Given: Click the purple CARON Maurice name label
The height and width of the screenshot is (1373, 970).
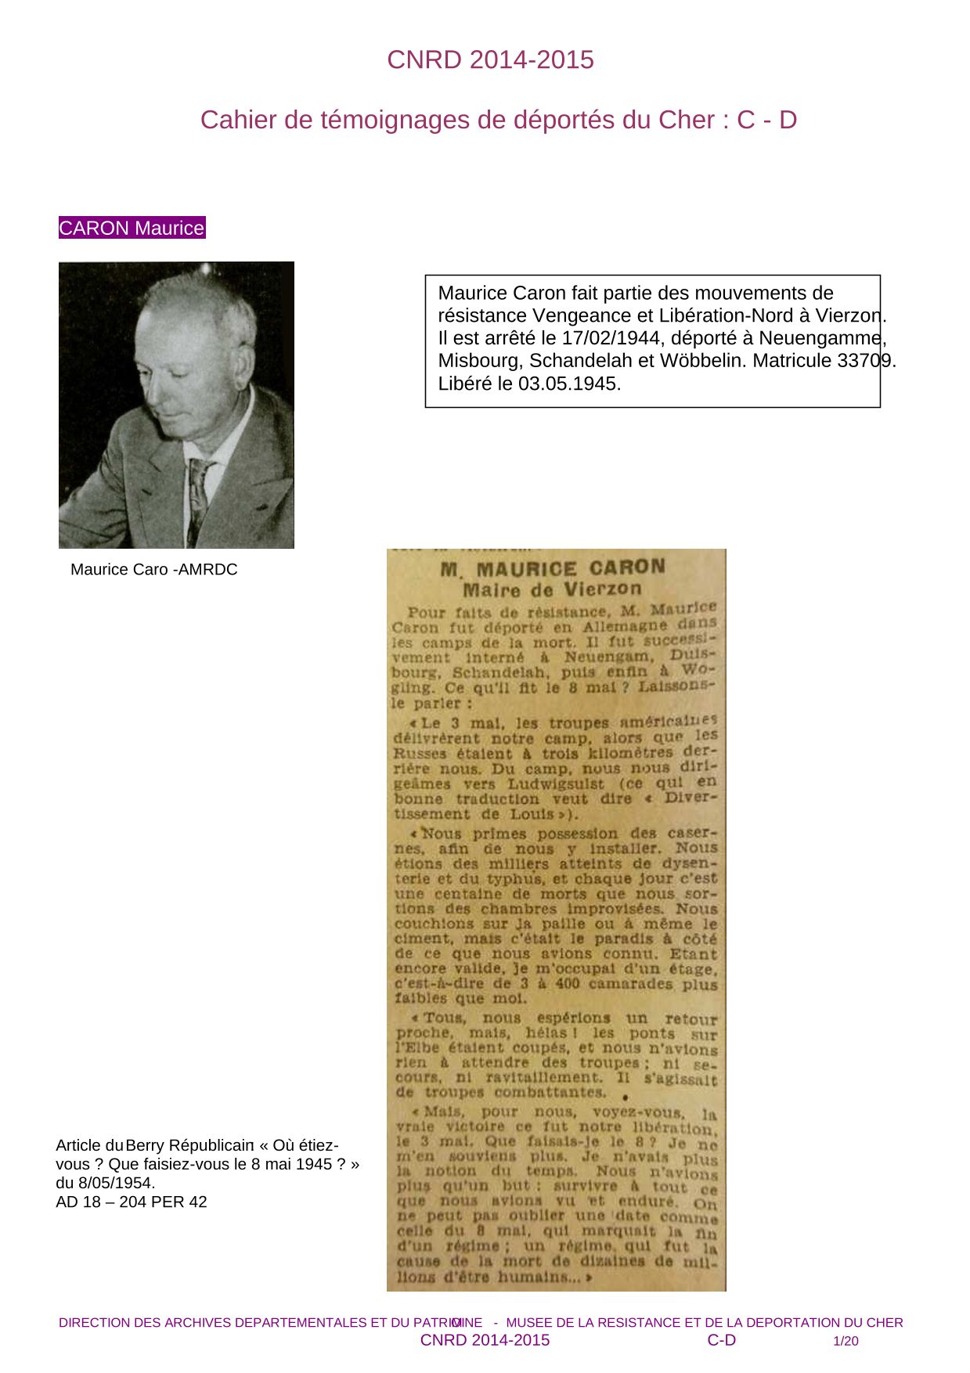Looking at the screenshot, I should [132, 228].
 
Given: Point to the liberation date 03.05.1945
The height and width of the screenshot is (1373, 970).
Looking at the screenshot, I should [569, 384].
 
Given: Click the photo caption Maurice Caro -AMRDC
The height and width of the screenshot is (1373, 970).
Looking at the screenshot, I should [153, 569].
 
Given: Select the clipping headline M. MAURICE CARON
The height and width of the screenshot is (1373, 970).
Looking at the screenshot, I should [553, 568].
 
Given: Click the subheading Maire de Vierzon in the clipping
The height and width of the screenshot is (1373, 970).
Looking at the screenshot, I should [552, 589].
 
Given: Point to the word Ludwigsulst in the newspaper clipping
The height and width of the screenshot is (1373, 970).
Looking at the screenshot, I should [556, 784].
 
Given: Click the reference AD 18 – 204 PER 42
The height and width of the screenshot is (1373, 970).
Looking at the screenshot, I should [132, 1202].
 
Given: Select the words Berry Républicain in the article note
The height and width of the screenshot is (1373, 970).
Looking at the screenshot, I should [189, 1145].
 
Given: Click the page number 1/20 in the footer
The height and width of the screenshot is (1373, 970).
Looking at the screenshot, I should [846, 1341].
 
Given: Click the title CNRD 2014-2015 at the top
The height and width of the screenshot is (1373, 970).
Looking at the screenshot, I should [490, 59].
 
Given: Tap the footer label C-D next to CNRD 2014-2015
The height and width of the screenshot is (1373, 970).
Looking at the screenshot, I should [721, 1340].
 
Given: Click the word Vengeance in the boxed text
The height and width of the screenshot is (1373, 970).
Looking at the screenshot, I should [579, 315].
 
